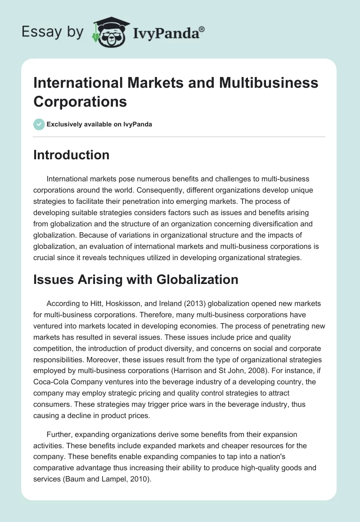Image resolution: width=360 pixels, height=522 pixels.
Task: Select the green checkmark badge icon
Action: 39,124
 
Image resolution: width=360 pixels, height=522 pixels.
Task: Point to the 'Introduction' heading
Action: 72,155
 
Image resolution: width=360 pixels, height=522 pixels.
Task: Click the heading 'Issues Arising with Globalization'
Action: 136,279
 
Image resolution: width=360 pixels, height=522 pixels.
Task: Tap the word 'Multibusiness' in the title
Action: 266,82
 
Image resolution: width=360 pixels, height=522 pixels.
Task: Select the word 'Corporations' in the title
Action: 80,101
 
